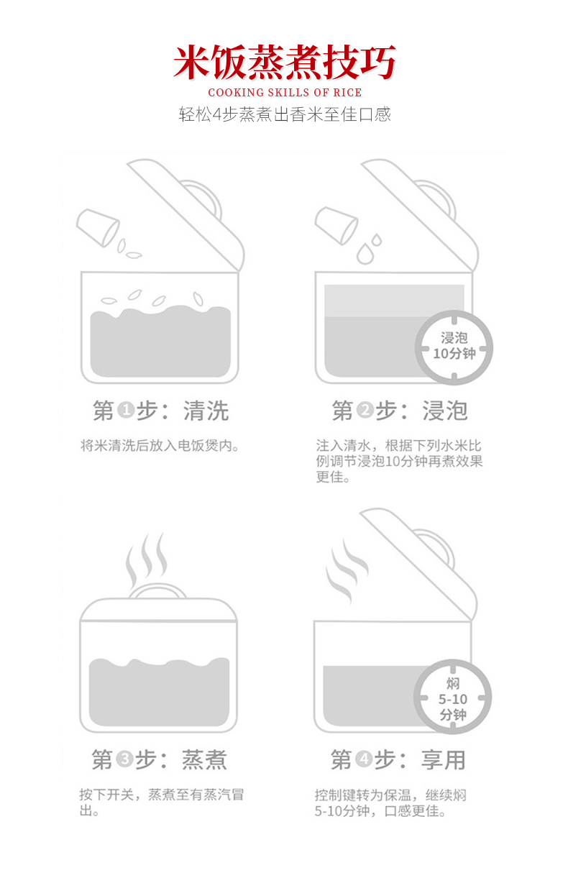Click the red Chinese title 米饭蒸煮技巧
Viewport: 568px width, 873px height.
point(285,63)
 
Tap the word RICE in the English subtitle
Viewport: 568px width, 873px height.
point(347,93)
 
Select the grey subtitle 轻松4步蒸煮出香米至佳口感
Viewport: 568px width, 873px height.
point(285,114)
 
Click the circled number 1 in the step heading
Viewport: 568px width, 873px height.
point(126,411)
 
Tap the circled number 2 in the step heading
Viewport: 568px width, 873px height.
point(365,411)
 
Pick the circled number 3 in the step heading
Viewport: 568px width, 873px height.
point(124,759)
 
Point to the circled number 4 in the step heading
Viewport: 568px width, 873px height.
point(365,759)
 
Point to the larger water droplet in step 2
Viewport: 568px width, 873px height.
point(365,254)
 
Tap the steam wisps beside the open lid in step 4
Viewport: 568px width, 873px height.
point(347,571)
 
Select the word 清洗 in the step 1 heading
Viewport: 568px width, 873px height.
point(206,411)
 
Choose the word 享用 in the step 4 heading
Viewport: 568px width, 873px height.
point(444,760)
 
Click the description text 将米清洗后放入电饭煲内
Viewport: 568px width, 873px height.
point(160,445)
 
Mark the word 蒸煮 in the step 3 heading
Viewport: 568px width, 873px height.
point(204,760)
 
